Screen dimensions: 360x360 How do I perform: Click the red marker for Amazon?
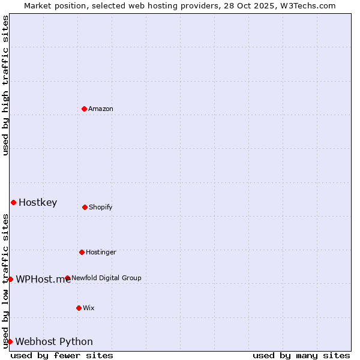[x=84, y=109]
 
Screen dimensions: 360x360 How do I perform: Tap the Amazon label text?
[x=101, y=109]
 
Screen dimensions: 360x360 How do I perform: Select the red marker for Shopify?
[x=85, y=207]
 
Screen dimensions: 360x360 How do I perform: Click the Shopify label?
[x=101, y=207]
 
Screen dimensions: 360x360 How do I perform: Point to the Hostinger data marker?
[x=82, y=252]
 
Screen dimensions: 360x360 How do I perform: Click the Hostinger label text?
[x=101, y=252]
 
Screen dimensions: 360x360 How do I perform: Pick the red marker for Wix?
[x=79, y=308]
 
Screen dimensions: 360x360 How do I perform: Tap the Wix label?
[x=89, y=308]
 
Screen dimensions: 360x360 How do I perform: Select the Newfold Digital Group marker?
[x=67, y=278]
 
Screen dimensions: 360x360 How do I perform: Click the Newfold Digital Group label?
[x=107, y=278]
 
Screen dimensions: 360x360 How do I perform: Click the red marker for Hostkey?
[x=13, y=202]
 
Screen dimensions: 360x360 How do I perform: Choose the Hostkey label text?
[x=38, y=202]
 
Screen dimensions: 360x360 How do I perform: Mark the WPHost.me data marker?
[x=10, y=279]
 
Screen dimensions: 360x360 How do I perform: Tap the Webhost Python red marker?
[x=10, y=341]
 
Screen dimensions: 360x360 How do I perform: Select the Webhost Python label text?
[x=54, y=341]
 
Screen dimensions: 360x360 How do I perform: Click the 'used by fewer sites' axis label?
[x=62, y=355]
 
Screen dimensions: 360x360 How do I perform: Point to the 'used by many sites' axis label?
[x=301, y=355]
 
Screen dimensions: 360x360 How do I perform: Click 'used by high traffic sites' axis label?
[x=5, y=85]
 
